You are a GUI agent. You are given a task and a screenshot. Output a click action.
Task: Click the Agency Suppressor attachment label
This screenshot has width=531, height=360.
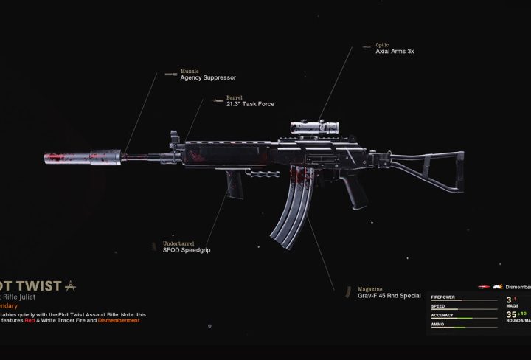[208, 77]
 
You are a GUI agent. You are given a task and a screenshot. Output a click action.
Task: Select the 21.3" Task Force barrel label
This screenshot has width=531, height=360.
[250, 104]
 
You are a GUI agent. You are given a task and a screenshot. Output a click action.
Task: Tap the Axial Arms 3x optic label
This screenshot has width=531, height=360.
[395, 52]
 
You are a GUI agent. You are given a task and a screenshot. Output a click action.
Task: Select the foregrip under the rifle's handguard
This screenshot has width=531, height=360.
[235, 184]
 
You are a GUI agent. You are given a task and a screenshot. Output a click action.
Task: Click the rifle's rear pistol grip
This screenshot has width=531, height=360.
[355, 191]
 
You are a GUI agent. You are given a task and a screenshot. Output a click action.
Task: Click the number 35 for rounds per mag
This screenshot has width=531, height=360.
[511, 314]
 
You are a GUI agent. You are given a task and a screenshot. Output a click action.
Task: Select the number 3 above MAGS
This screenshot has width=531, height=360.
[508, 300]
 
